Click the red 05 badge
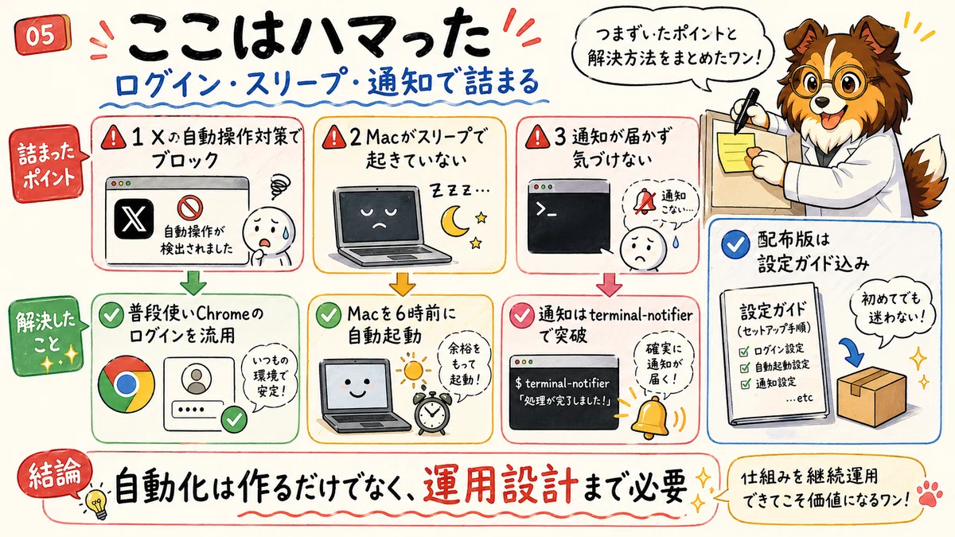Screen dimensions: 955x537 (41, 35)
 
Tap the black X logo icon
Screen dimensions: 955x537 (134, 219)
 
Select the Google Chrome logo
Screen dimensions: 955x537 (127, 384)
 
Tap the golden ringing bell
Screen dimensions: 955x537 (651, 418)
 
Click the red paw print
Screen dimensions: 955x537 (931, 494)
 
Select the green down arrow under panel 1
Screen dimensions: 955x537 (193, 282)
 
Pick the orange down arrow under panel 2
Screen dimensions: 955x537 (402, 283)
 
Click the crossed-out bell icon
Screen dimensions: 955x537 (644, 201)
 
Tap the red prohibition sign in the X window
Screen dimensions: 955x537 (189, 208)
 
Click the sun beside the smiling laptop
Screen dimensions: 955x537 (413, 370)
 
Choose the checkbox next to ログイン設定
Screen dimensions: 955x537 (744, 351)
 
